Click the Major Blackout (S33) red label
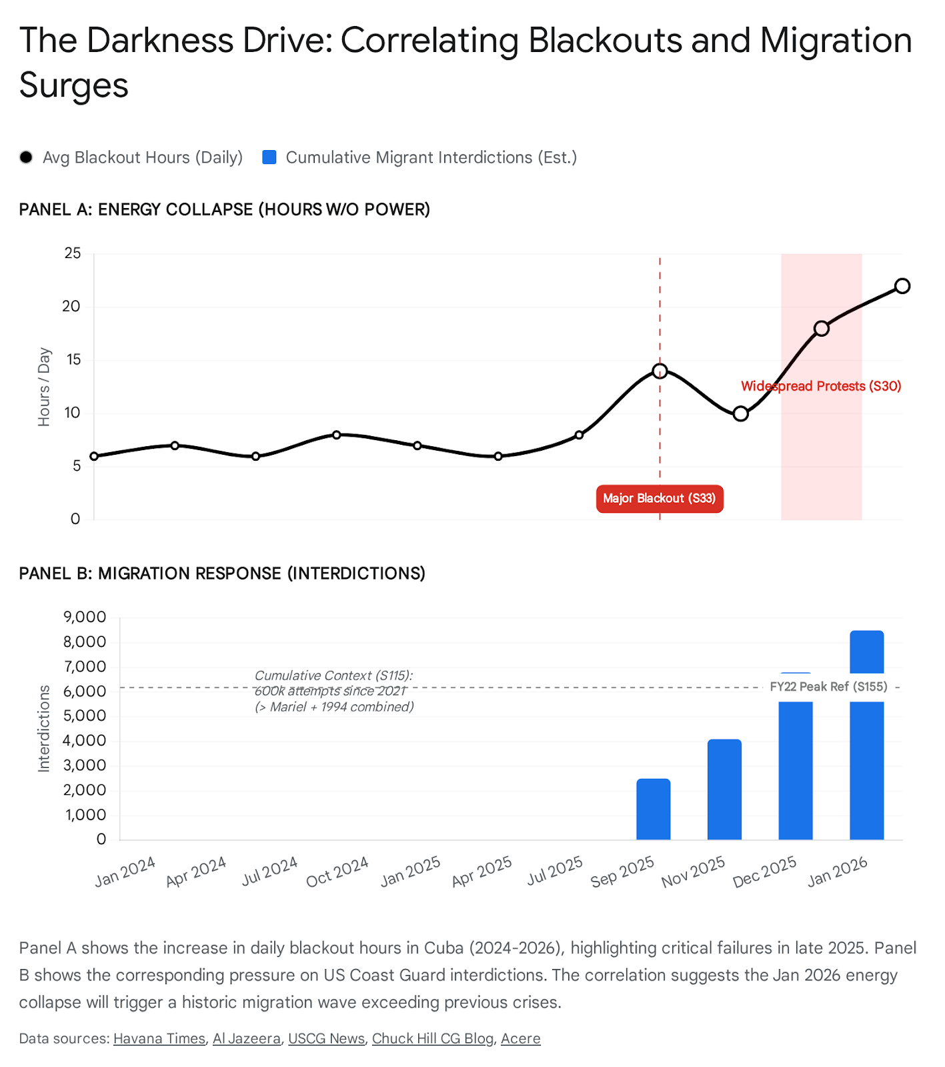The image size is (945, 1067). tap(659, 498)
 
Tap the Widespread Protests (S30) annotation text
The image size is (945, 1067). tap(821, 386)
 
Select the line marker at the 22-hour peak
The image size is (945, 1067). tap(902, 286)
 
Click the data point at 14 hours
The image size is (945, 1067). tap(660, 371)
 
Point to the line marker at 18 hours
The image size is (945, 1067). tap(821, 329)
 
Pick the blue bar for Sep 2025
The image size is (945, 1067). tap(653, 809)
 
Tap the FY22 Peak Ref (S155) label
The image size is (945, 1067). tap(828, 687)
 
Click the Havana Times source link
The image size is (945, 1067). tap(159, 1038)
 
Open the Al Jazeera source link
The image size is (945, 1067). tap(247, 1038)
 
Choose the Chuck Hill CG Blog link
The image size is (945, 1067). tap(432, 1038)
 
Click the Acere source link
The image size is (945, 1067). tap(520, 1038)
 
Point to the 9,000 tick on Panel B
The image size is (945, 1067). tap(85, 617)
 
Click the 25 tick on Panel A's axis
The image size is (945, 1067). tap(72, 253)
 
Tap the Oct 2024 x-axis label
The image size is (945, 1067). tap(337, 872)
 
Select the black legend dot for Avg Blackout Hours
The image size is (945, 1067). tap(26, 157)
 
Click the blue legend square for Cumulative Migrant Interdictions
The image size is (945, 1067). tap(269, 157)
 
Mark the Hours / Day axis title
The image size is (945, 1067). tap(44, 387)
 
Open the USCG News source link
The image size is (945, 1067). tap(326, 1038)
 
